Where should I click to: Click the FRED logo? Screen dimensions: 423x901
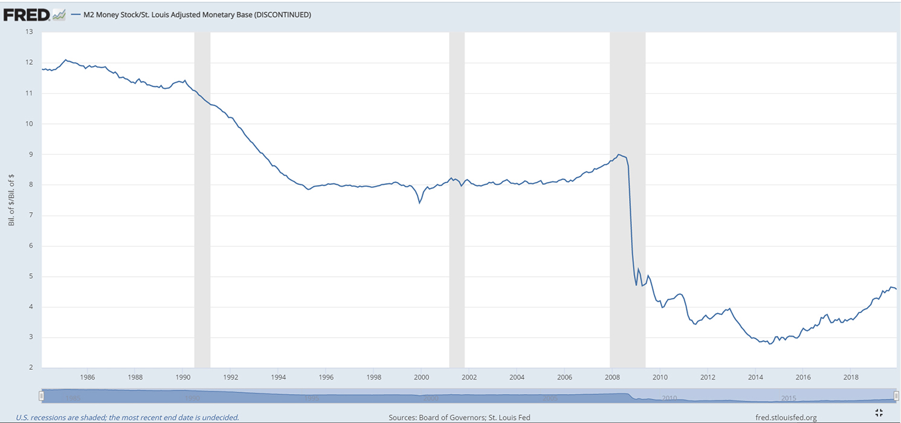pos(27,15)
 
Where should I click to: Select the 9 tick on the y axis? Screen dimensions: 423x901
pos(30,154)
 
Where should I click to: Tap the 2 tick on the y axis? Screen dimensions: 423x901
pos(30,367)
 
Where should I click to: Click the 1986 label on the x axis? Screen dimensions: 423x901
pos(87,376)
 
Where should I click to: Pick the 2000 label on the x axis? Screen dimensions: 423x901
pos(421,376)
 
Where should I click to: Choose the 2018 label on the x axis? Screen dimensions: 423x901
pos(850,376)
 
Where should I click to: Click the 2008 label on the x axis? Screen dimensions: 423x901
pos(612,376)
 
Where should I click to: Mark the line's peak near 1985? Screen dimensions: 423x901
pos(66,60)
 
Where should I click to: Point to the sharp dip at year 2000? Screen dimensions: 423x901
pos(419,202)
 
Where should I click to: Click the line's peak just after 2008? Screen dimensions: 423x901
pos(618,155)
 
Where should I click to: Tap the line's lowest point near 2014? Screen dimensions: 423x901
pos(769,344)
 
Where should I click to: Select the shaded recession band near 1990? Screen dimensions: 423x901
pos(202,199)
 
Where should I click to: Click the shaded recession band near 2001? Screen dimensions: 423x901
pos(457,199)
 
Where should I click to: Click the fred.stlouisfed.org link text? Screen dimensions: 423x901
pos(786,417)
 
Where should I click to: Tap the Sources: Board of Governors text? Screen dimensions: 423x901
pos(459,417)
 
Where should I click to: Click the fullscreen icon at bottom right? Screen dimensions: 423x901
pos(879,413)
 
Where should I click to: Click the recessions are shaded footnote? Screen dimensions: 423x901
pos(128,417)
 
